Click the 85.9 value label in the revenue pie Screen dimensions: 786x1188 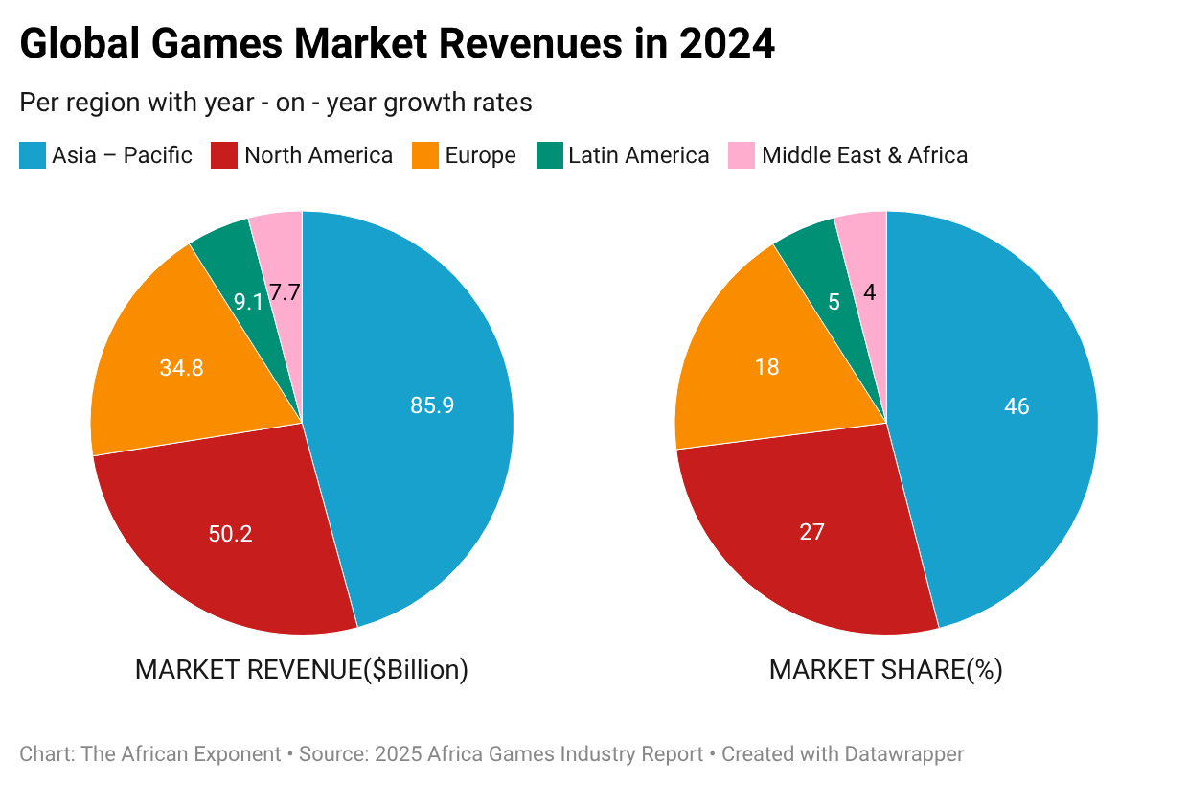pyautogui.click(x=432, y=405)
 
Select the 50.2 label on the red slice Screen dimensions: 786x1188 pyautogui.click(x=230, y=534)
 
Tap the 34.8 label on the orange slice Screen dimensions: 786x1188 pyautogui.click(x=181, y=367)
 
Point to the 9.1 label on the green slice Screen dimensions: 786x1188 pyautogui.click(x=248, y=302)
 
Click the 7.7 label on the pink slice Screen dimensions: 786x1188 pyautogui.click(x=285, y=292)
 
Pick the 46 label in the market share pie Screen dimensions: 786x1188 pyautogui.click(x=1017, y=406)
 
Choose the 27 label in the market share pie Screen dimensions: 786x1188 pyautogui.click(x=811, y=531)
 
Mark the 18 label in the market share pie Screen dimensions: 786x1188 pyautogui.click(x=766, y=367)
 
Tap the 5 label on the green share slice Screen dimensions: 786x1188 pyautogui.click(x=834, y=302)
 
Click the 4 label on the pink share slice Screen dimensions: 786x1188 pyautogui.click(x=869, y=292)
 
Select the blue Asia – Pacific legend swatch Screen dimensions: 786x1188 pyautogui.click(x=33, y=155)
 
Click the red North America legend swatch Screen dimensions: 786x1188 pyautogui.click(x=224, y=155)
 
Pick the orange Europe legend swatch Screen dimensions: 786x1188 pyautogui.click(x=425, y=155)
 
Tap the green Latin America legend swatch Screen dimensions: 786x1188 pyautogui.click(x=549, y=155)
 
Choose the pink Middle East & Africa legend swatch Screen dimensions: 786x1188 pyautogui.click(x=742, y=155)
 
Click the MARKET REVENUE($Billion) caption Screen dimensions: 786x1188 pyautogui.click(x=302, y=669)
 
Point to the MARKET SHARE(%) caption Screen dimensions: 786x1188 pyautogui.click(x=885, y=669)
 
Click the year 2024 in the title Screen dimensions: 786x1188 pyautogui.click(x=727, y=45)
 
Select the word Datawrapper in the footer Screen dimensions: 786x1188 pyautogui.click(x=904, y=754)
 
